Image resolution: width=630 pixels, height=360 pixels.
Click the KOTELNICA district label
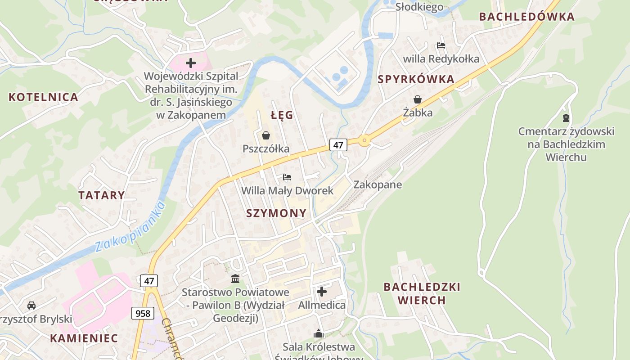[x=43, y=97]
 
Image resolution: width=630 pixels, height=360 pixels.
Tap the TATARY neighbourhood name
[x=102, y=195]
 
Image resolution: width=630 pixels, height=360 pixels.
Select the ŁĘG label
[x=282, y=115]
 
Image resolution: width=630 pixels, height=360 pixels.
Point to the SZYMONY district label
[x=276, y=213]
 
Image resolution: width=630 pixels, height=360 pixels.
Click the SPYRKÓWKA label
[x=416, y=80]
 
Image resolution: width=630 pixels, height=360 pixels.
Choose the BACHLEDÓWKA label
[x=526, y=17]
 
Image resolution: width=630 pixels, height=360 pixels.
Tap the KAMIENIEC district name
[x=84, y=338]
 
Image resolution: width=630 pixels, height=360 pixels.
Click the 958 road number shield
[x=143, y=313]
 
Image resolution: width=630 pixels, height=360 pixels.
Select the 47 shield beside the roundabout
[x=338, y=145]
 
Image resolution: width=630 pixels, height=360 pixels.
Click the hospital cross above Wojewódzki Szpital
[x=191, y=63]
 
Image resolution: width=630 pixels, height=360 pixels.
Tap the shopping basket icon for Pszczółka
[x=266, y=135]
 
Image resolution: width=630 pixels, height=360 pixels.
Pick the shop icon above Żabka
[x=418, y=99]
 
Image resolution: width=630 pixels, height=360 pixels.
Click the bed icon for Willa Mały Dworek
[x=287, y=177]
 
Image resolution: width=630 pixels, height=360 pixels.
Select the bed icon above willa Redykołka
[x=441, y=45]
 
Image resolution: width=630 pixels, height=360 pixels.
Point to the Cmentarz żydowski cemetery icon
[x=566, y=118]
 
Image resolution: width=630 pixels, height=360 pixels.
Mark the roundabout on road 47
[x=364, y=140]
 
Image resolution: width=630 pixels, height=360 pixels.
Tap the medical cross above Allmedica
[x=322, y=292]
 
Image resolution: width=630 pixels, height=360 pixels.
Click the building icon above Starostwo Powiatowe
[x=235, y=279]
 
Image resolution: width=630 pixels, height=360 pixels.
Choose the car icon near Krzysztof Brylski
[x=31, y=306]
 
